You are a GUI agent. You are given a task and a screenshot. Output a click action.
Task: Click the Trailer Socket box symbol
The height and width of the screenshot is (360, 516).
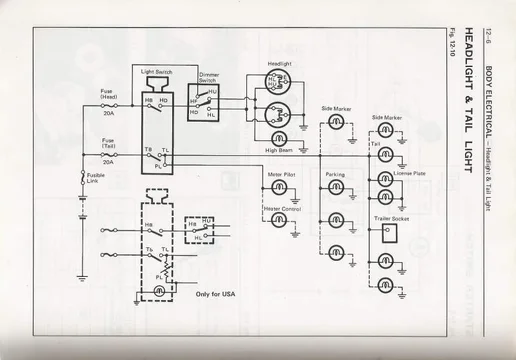click(x=387, y=232)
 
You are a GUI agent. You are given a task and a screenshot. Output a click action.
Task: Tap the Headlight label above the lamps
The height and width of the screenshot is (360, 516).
click(x=280, y=65)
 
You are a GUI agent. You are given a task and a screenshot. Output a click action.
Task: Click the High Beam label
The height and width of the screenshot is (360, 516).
click(x=279, y=151)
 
